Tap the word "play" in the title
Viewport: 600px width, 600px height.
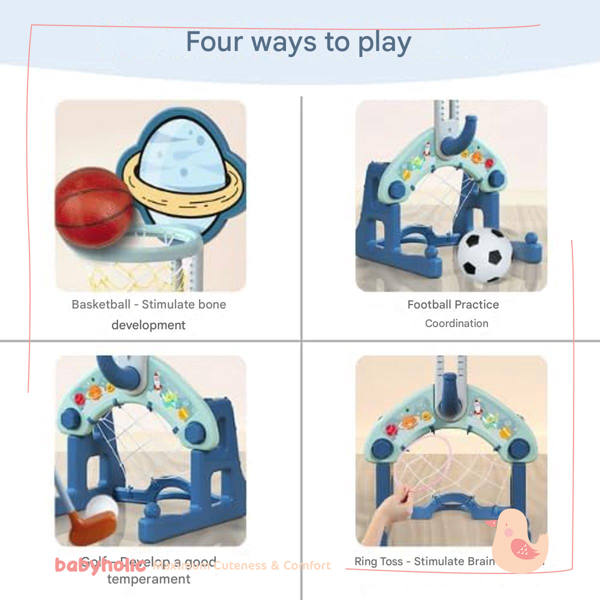point(384,43)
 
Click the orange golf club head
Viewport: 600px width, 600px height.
point(90,527)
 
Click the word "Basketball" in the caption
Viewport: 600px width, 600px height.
point(101,304)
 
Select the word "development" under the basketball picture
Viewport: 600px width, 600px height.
point(148,325)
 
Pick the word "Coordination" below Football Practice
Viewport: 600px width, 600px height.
point(456,323)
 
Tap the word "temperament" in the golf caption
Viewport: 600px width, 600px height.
point(148,579)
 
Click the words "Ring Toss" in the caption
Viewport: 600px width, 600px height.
point(378,561)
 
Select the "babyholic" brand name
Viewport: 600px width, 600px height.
point(100,565)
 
